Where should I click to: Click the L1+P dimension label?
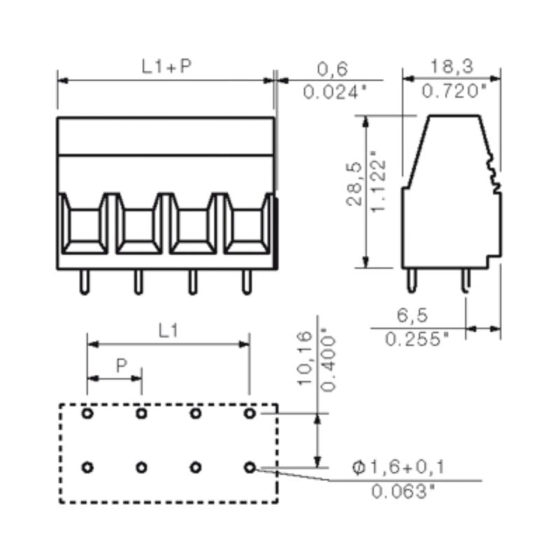[x=167, y=66]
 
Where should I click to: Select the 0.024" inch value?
[x=335, y=91]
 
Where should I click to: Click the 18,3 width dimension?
[x=451, y=66]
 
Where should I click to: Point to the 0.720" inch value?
[x=454, y=90]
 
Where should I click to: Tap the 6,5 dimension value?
[x=413, y=316]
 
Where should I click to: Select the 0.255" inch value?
[x=416, y=339]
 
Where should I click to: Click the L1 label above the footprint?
[x=167, y=332]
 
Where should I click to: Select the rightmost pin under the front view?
[x=246, y=282]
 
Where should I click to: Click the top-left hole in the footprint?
[x=87, y=414]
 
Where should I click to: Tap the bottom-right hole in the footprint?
[x=250, y=467]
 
